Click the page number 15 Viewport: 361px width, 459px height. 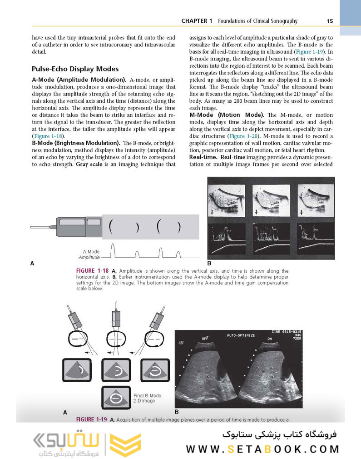pyautogui.click(x=330, y=21)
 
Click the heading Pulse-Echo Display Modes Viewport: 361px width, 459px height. pyautogui.click(x=75, y=69)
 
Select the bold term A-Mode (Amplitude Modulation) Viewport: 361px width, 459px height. pyautogui.click(x=79, y=79)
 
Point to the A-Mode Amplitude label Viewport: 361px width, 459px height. pyautogui.click(x=91, y=254)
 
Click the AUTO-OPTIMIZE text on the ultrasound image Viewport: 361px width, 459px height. pyautogui.click(x=241, y=335)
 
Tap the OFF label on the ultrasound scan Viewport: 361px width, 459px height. pyautogui.click(x=205, y=339)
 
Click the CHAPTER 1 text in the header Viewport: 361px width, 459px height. pyautogui.click(x=197, y=21)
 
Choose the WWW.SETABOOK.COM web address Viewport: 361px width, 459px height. pyautogui.click(x=262, y=449)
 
